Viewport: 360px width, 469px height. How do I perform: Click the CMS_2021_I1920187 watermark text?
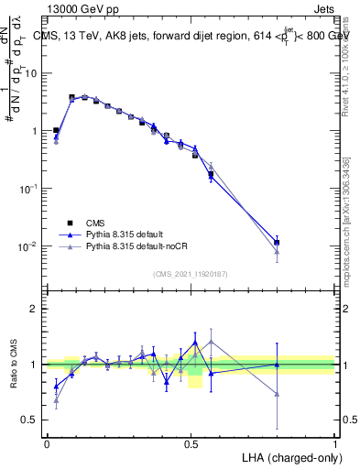point(191,273)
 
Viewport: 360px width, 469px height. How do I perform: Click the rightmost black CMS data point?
point(277,243)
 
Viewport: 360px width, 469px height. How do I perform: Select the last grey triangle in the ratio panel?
point(277,394)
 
